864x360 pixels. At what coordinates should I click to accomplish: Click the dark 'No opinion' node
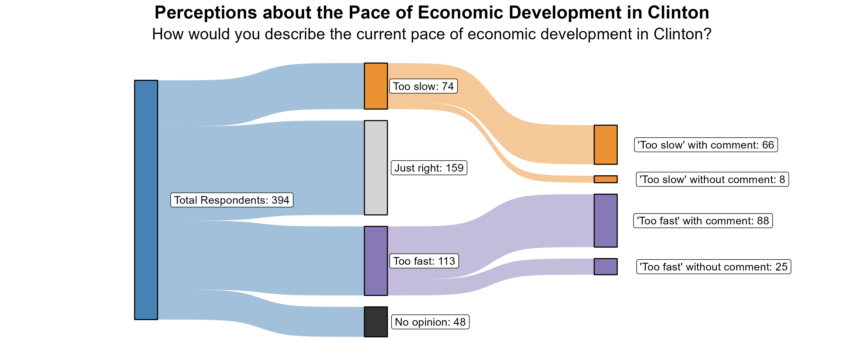pos(376,322)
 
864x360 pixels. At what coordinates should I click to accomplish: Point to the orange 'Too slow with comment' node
pos(606,145)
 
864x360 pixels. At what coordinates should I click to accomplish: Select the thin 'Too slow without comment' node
pos(606,179)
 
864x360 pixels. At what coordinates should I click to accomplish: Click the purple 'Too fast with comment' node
pos(606,220)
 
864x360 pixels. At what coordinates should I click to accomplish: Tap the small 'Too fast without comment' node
pos(606,266)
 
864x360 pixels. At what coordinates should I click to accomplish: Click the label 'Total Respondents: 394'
pos(232,200)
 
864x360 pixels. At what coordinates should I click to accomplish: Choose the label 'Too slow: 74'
pos(423,86)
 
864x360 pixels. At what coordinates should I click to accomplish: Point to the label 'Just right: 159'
pos(429,168)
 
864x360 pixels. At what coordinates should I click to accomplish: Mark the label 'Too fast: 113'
pos(424,261)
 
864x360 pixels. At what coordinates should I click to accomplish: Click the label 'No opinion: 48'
pos(430,322)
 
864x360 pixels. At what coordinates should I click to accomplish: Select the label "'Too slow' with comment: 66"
pos(706,145)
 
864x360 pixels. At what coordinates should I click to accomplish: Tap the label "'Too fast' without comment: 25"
pos(714,267)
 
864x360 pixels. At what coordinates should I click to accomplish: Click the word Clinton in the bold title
pos(678,13)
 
